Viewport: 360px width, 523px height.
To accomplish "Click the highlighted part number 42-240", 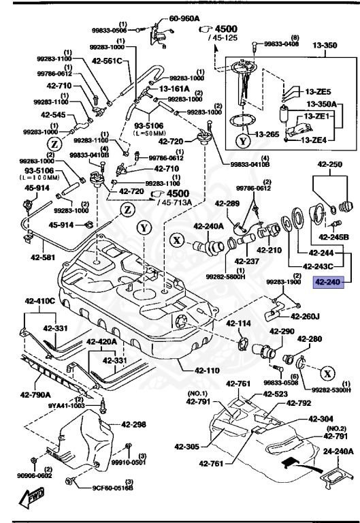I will point(326,280).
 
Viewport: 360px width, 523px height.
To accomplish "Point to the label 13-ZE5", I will point(318,91).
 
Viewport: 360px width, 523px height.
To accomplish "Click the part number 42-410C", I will point(40,300).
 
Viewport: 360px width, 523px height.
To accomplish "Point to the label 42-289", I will point(229,203).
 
